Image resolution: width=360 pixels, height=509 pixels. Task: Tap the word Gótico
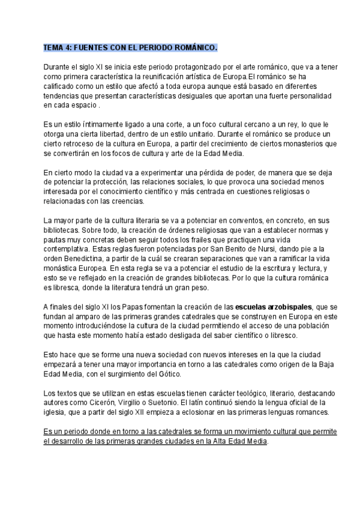coord(178,374)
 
